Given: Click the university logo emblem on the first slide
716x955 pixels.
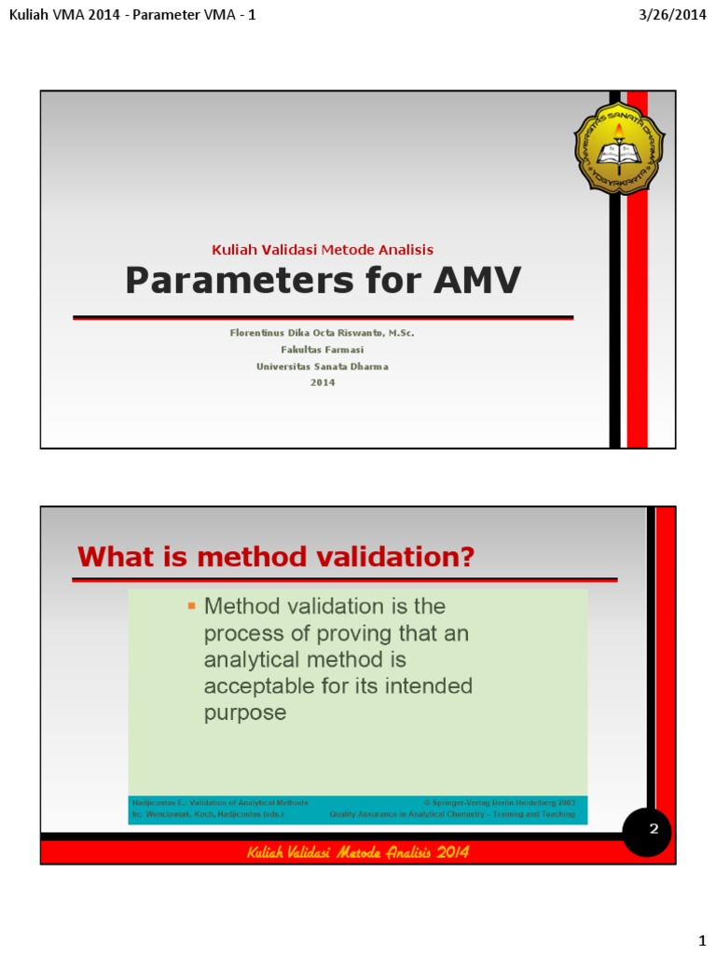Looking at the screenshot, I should pyautogui.click(x=619, y=146).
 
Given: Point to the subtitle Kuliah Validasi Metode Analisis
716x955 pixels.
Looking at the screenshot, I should pyautogui.click(x=323, y=249).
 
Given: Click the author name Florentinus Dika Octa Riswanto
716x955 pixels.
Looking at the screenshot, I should pyautogui.click(x=323, y=333).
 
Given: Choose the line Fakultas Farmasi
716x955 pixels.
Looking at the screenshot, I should pyautogui.click(x=323, y=350).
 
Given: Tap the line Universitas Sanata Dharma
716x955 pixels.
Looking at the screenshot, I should pyautogui.click(x=323, y=367).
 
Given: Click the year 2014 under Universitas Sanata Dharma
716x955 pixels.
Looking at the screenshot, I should pyautogui.click(x=323, y=382).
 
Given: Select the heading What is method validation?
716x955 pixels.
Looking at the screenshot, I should pyautogui.click(x=276, y=558).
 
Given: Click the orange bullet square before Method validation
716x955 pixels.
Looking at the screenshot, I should pyautogui.click(x=191, y=606).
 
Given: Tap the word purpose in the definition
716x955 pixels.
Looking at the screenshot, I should pyautogui.click(x=244, y=713).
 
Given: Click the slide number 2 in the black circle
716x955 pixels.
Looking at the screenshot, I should pyautogui.click(x=654, y=827).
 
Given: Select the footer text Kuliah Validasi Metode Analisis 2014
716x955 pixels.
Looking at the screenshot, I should pyautogui.click(x=358, y=852).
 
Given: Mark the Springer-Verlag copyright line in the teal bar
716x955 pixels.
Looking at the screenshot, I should pyautogui.click(x=500, y=802).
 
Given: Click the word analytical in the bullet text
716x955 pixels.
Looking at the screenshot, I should pyautogui.click(x=256, y=660).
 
